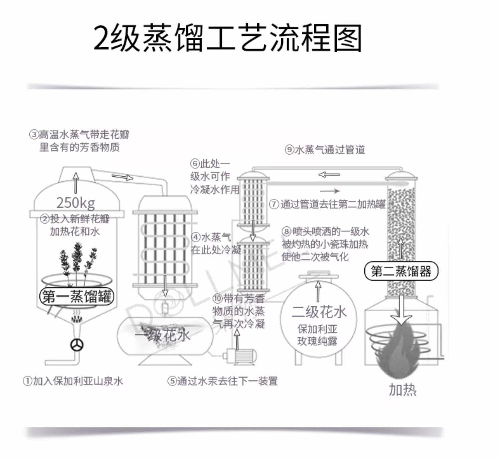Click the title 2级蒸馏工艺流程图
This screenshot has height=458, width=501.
click(227, 38)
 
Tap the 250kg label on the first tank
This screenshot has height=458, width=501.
click(75, 202)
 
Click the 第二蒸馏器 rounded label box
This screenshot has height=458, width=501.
click(401, 271)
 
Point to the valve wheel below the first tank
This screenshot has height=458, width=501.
click(77, 345)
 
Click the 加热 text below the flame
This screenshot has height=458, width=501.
click(402, 390)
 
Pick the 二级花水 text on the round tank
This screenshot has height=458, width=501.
click(319, 312)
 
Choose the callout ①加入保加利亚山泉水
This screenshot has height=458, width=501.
click(73, 381)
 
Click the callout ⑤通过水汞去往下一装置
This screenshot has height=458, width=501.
click(222, 381)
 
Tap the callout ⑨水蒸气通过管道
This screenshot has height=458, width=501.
click(325, 150)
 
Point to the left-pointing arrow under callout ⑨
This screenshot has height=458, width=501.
click(329, 174)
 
